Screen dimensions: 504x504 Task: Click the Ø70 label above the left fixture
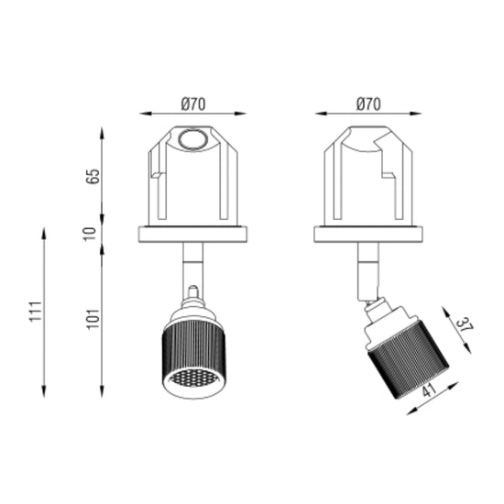192,104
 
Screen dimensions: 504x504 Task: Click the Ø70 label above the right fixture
368,104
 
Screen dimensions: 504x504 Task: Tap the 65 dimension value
94,176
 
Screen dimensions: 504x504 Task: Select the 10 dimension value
90,234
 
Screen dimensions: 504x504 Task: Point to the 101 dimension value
93,319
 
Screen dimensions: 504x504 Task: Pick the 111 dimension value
36,311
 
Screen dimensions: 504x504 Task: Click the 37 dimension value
465,324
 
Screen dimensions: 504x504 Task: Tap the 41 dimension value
429,389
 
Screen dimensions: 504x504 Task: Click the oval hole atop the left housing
192,140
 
